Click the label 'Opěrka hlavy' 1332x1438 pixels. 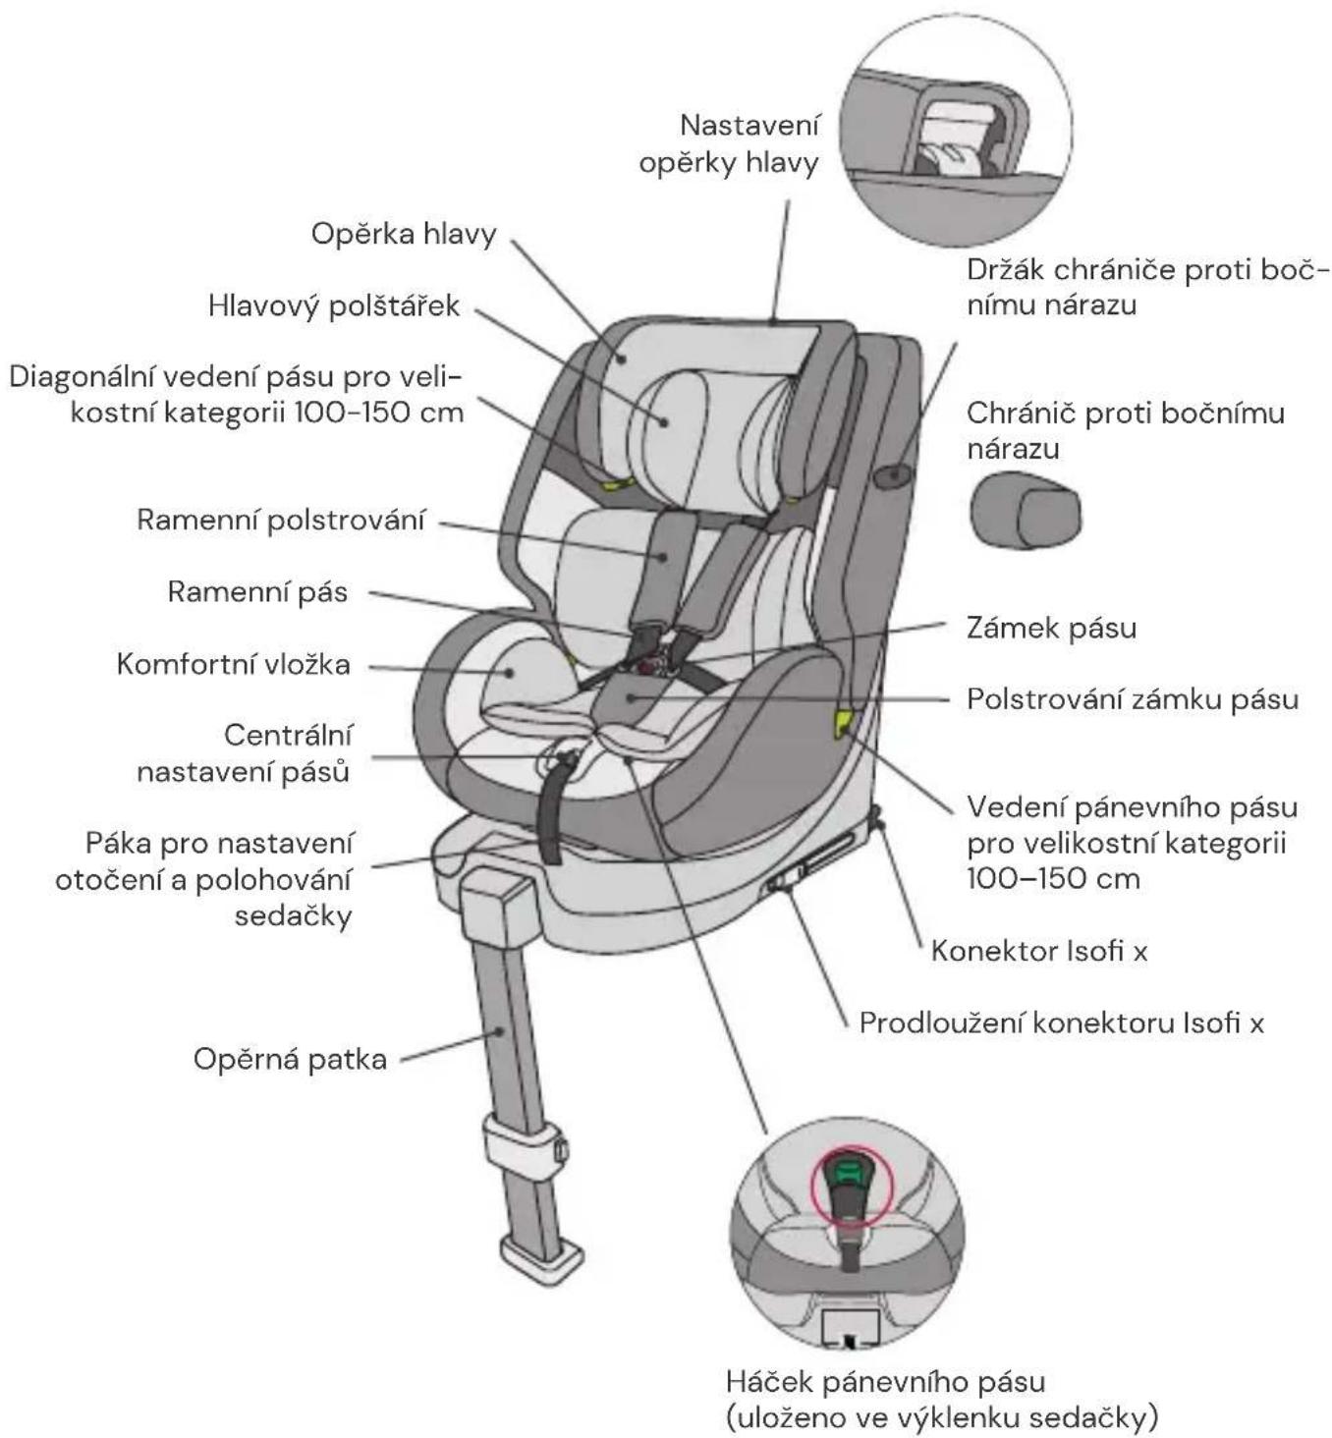coord(404,235)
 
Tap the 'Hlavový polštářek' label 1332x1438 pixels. coord(334,305)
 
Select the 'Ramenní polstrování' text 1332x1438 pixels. coord(281,520)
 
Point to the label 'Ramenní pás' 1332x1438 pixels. coord(257,592)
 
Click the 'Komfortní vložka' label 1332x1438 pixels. coord(233,664)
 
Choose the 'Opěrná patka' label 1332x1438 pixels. coord(290,1059)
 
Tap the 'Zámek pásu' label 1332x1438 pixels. coord(1052,628)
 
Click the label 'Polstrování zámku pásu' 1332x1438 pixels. coord(1133,699)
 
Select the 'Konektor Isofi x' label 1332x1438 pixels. coord(1039,951)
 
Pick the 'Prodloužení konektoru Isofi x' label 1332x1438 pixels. coord(1062,1023)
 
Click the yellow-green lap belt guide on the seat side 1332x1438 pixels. coord(843,723)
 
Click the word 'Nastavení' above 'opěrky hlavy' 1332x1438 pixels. coord(749,126)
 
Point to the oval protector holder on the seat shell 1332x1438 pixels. coord(892,475)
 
